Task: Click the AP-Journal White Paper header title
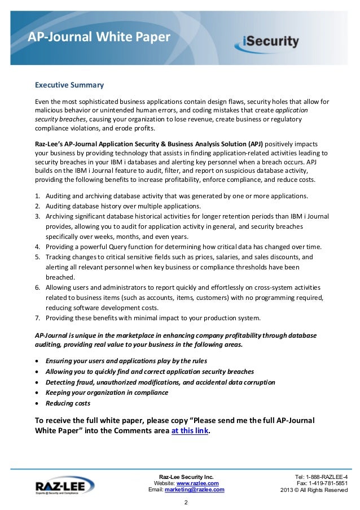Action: pyautogui.click(x=99, y=38)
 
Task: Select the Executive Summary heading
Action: pyautogui.click(x=69, y=86)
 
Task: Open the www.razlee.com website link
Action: pyautogui.click(x=197, y=483)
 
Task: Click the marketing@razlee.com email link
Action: pyautogui.click(x=194, y=490)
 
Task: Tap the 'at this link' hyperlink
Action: pyautogui.click(x=190, y=430)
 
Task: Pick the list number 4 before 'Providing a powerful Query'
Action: pyautogui.click(x=37, y=247)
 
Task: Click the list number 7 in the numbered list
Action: pyautogui.click(x=37, y=317)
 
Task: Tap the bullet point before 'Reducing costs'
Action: pyautogui.click(x=37, y=403)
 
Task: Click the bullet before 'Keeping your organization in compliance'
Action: pyautogui.click(x=37, y=393)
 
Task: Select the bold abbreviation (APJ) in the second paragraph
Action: pyautogui.click(x=253, y=143)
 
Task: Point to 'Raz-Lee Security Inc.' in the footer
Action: pyautogui.click(x=186, y=476)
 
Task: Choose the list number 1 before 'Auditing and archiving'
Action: pyautogui.click(x=37, y=195)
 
